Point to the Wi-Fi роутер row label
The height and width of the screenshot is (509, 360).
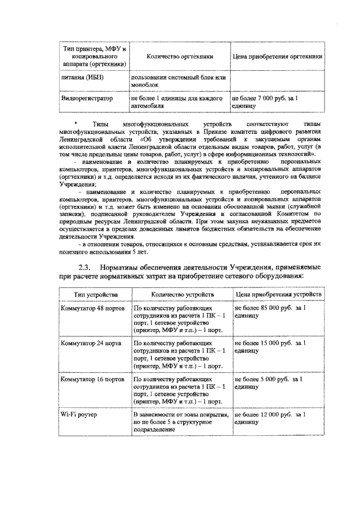pos(78,414)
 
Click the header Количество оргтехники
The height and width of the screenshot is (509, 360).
pos(179,57)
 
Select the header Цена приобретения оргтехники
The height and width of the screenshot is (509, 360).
pos(277,57)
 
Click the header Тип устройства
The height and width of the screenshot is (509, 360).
pos(94,294)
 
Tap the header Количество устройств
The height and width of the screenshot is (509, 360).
pos(180,294)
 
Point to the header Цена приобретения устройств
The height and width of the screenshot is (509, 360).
pos(278,294)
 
